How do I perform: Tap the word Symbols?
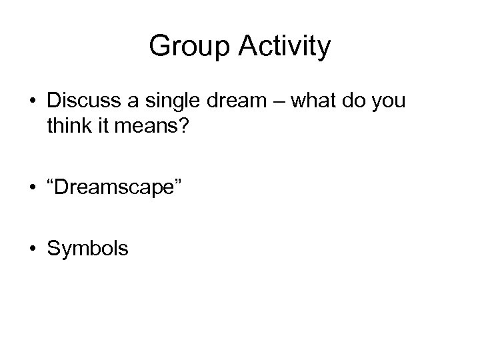pos(87,249)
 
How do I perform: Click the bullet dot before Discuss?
pos(31,103)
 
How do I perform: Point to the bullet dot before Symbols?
pos(31,249)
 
